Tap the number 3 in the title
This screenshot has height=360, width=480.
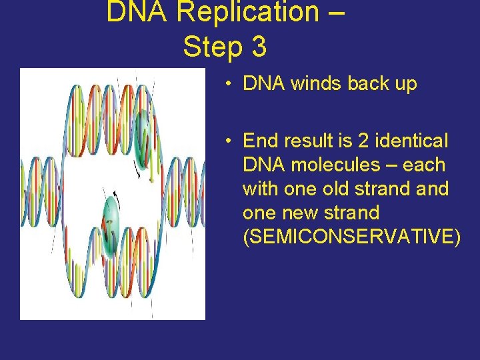[x=259, y=47]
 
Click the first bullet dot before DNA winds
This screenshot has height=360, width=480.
[x=228, y=84]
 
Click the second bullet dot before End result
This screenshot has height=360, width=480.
[x=228, y=141]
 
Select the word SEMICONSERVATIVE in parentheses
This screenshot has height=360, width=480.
[x=351, y=237]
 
